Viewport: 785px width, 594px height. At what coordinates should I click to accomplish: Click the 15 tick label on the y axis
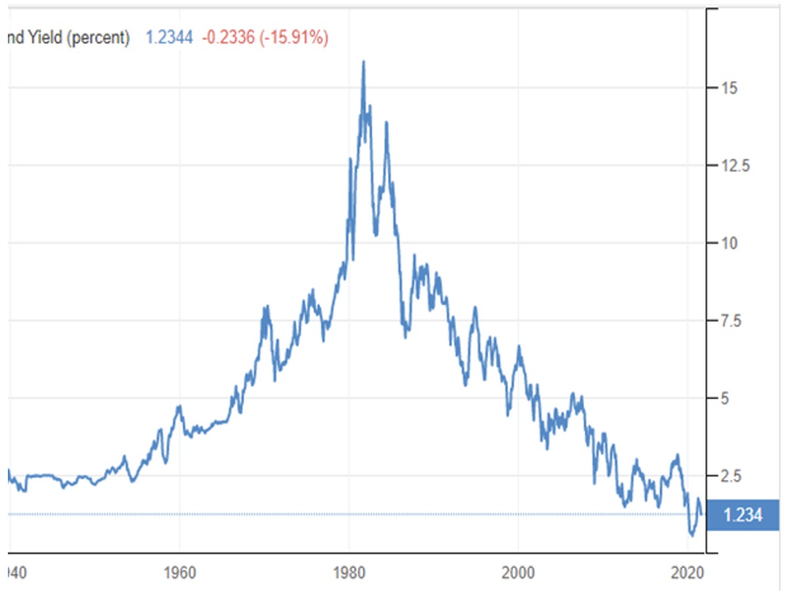click(726, 89)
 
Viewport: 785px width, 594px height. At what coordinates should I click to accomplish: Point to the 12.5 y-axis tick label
click(732, 166)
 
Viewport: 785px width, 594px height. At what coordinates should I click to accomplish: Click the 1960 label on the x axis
click(179, 572)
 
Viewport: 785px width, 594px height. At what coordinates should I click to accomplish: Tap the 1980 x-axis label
click(349, 572)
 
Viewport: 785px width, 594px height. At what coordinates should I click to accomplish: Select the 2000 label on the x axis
click(518, 572)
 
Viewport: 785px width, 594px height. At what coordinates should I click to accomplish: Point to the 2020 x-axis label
click(687, 572)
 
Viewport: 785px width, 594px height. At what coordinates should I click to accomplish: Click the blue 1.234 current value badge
click(743, 515)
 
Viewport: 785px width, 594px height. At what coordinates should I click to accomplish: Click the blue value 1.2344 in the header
click(169, 38)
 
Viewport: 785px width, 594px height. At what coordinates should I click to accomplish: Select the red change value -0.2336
click(228, 38)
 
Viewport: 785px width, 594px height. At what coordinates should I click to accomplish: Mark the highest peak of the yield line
click(363, 62)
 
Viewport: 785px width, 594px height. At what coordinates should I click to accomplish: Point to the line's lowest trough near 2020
click(692, 536)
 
